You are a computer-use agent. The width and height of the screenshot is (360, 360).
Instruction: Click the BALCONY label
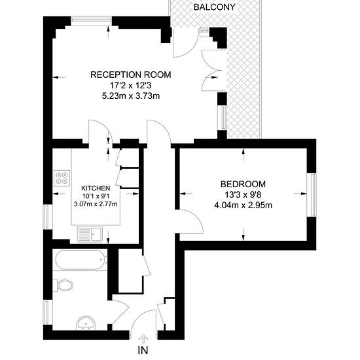click(215, 7)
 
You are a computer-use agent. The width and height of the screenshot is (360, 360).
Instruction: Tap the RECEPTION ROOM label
click(131, 75)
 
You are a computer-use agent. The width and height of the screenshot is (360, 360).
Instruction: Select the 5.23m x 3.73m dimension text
click(131, 96)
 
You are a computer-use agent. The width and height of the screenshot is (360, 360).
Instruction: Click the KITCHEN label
click(96, 189)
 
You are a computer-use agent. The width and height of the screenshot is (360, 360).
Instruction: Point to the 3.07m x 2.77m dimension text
click(96, 204)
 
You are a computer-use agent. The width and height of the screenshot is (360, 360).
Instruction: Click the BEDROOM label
click(243, 184)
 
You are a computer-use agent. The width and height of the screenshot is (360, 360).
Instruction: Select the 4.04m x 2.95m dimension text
click(243, 205)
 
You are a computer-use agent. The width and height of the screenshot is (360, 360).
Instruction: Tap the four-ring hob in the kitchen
click(62, 178)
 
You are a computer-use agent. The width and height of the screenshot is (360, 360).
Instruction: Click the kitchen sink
click(90, 234)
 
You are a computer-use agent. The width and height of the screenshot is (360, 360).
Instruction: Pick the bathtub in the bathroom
click(81, 260)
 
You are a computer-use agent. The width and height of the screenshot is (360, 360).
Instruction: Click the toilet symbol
click(63, 285)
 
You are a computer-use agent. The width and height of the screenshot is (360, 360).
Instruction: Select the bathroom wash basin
click(86, 323)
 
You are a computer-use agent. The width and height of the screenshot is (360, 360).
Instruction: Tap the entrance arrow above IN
click(143, 338)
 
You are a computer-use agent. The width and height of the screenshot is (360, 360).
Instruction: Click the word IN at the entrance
click(143, 350)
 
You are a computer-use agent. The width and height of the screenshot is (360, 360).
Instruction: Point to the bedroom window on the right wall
click(312, 194)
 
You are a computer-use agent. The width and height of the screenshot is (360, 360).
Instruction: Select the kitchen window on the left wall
click(48, 217)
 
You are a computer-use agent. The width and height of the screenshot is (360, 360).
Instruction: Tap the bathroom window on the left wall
click(48, 312)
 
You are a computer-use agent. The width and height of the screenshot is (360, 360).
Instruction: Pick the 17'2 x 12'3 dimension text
click(131, 85)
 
